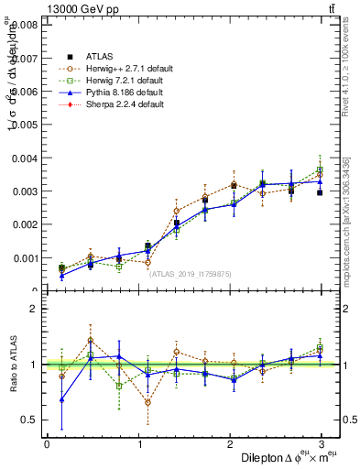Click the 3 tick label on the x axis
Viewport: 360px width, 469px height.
pos(322,445)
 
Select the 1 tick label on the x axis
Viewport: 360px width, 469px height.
pos(138,445)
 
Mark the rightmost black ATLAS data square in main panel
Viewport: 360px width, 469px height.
pos(320,193)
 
